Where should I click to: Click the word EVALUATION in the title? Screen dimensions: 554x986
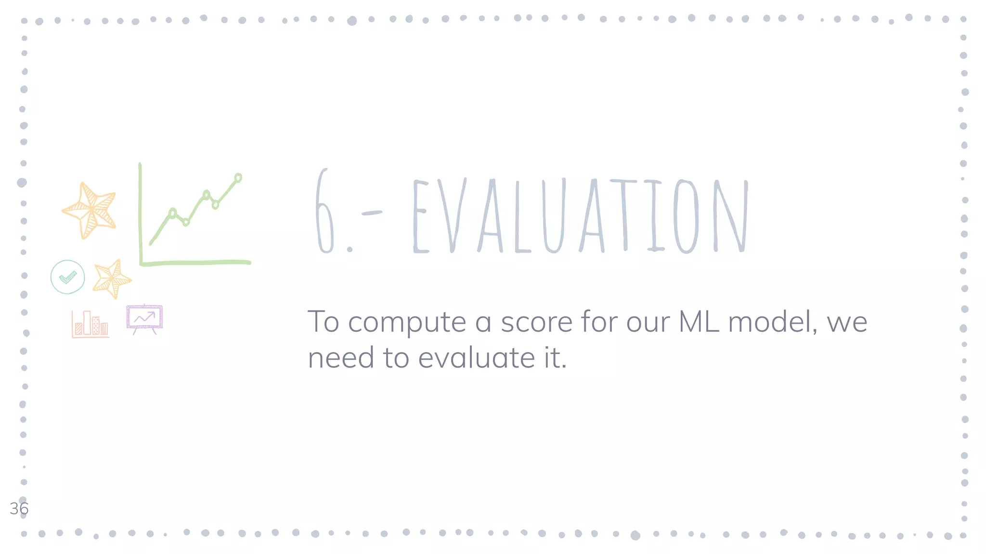point(580,215)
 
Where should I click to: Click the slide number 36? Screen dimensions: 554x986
point(19,508)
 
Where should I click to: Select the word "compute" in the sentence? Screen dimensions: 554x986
point(407,322)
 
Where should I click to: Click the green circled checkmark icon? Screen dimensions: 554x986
point(67,277)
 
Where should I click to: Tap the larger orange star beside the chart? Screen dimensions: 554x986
point(90,211)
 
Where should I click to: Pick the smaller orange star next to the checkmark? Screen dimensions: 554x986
point(112,279)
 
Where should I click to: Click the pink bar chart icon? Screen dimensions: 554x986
point(90,324)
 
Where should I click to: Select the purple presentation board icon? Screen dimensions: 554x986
point(144,318)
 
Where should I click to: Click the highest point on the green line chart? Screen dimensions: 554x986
point(238,178)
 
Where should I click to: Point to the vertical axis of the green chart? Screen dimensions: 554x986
point(140,212)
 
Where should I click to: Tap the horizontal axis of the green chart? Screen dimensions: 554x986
point(195,263)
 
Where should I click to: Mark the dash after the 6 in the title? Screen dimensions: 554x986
point(371,213)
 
